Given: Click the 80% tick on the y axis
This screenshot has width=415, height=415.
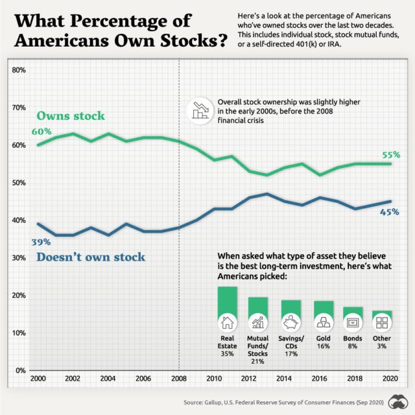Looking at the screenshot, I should click(18, 69).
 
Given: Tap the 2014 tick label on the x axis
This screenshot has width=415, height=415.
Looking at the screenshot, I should click(284, 379).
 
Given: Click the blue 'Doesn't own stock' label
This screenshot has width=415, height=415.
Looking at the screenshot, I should click(91, 257).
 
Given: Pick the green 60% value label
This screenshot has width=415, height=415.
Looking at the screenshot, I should click(41, 132).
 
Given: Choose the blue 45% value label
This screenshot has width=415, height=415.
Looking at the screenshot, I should click(390, 211).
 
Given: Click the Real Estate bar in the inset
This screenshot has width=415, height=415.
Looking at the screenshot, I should click(228, 302).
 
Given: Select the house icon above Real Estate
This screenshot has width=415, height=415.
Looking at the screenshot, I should click(228, 322).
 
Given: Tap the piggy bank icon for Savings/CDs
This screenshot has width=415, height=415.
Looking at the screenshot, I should click(290, 322).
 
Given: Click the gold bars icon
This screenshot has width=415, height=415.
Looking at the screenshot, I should click(323, 322).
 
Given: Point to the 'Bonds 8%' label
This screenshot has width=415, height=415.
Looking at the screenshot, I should click(353, 342).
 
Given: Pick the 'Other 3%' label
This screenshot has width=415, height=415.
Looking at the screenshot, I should click(383, 342).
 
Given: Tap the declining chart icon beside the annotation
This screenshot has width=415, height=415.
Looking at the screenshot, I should click(199, 110).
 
